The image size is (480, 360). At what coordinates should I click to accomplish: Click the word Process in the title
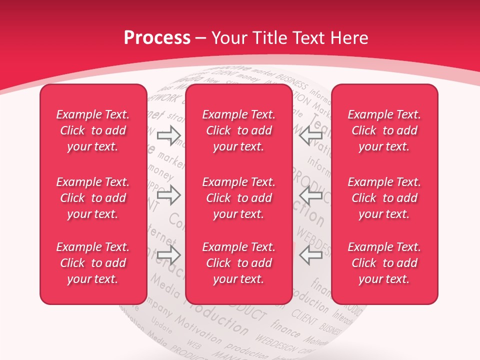pyautogui.click(x=157, y=38)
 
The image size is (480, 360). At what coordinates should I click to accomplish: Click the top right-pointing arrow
pyautogui.click(x=168, y=135)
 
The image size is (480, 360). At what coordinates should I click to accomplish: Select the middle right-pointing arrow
pyautogui.click(x=168, y=195)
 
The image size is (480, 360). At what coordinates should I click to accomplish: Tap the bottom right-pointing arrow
pyautogui.click(x=168, y=254)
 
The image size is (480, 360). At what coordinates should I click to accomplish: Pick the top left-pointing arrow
pyautogui.click(x=311, y=135)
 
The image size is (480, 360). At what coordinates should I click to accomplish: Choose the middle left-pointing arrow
pyautogui.click(x=311, y=195)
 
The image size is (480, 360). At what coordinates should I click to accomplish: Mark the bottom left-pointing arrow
pyautogui.click(x=311, y=254)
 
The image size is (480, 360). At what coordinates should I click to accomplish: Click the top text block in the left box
pyautogui.click(x=93, y=130)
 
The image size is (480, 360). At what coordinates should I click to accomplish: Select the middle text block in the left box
pyautogui.click(x=93, y=198)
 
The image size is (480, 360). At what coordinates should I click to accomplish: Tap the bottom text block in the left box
pyautogui.click(x=93, y=263)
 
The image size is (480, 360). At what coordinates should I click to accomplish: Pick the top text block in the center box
pyautogui.click(x=239, y=130)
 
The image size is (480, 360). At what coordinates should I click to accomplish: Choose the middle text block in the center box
pyautogui.click(x=239, y=198)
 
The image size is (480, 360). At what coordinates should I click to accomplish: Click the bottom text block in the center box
pyautogui.click(x=239, y=263)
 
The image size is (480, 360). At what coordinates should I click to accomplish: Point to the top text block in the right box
pyautogui.click(x=384, y=130)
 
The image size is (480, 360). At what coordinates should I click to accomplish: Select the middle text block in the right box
pyautogui.click(x=384, y=198)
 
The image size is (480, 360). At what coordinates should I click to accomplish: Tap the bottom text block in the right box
pyautogui.click(x=384, y=263)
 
